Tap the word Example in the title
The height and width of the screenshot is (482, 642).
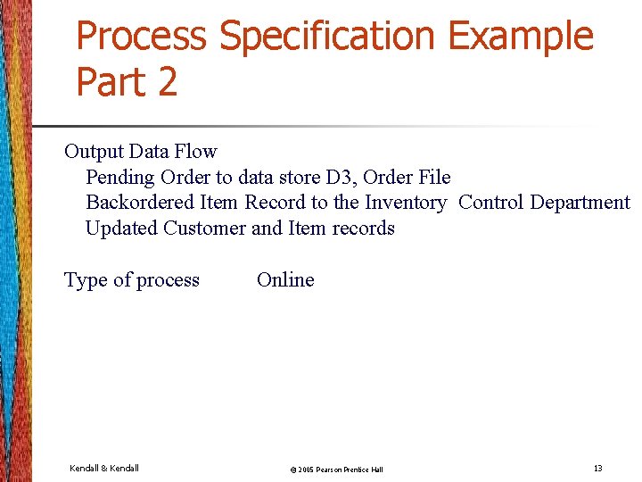point(521,36)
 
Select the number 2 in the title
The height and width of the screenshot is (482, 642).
point(166,81)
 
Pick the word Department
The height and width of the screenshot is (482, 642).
point(580,203)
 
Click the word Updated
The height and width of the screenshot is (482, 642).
point(121,229)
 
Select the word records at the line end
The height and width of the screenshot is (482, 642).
point(363,229)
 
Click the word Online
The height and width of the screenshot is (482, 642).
point(285,280)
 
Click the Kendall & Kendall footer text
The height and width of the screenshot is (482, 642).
point(103,468)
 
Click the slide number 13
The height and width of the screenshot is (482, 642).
point(597,468)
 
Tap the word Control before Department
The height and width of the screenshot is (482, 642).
point(490,203)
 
